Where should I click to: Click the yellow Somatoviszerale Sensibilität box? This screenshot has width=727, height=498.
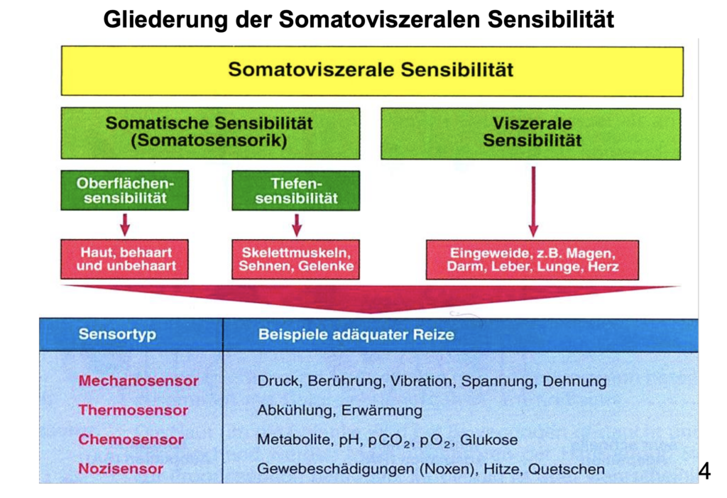point(372,71)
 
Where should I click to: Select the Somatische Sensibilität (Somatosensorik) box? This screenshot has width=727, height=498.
point(210,133)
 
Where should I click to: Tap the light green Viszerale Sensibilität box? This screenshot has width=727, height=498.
point(531,133)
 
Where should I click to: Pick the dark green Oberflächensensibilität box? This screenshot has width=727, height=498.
point(125,190)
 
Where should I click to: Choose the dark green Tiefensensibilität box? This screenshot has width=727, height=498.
point(296,191)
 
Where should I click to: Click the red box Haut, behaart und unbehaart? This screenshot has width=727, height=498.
point(125,260)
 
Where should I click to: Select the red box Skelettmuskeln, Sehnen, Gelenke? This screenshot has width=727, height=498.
point(296,260)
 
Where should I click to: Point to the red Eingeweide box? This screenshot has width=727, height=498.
point(532,260)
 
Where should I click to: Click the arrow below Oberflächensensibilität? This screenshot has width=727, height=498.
point(125,225)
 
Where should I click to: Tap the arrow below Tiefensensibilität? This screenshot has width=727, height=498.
point(297,225)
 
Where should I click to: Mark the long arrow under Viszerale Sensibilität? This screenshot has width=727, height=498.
point(533,201)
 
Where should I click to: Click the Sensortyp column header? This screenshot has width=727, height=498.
point(117,334)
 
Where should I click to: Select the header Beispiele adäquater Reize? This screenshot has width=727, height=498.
point(356,334)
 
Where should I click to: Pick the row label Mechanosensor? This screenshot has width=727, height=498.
point(138,381)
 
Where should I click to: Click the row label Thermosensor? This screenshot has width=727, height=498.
point(133,410)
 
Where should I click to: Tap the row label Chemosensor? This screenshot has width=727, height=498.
point(131,439)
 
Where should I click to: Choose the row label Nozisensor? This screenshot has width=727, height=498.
point(121,468)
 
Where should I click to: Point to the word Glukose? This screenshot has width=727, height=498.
point(488,440)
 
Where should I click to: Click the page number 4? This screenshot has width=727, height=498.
point(704,471)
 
